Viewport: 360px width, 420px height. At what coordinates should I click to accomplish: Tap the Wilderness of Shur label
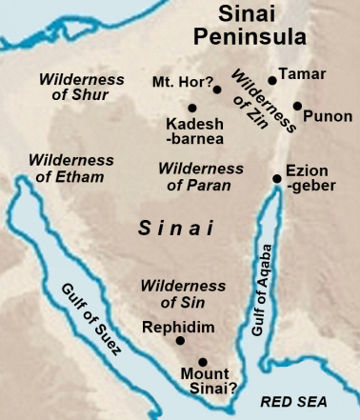coord(74,86)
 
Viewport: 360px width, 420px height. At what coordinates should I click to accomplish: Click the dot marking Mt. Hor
coord(217,90)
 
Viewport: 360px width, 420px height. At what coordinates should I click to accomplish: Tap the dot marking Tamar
coord(272,81)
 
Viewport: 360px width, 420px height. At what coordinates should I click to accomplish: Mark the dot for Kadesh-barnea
coord(192,108)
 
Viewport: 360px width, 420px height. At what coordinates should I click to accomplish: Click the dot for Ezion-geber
coord(277,178)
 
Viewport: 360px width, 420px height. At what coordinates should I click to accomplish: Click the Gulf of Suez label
coord(91,317)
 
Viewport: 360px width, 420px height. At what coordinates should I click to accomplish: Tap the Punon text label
coord(328,116)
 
